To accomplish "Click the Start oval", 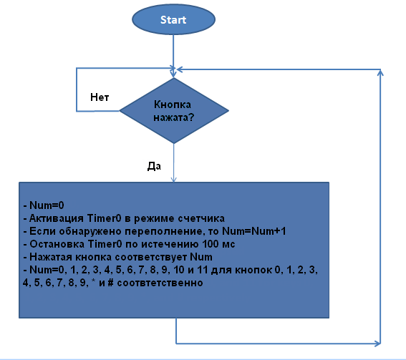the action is pyautogui.click(x=173, y=19).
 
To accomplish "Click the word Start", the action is pyautogui.click(x=173, y=20).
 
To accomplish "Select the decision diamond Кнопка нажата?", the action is pyautogui.click(x=174, y=110).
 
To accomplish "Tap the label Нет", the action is pyautogui.click(x=100, y=97).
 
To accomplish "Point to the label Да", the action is pyautogui.click(x=154, y=166).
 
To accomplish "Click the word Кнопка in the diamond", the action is pyautogui.click(x=173, y=104).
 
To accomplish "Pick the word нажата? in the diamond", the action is pyautogui.click(x=173, y=117).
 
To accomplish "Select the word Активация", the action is pyautogui.click(x=56, y=218).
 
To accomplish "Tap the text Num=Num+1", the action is pyautogui.click(x=254, y=231).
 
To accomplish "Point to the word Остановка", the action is pyautogui.click(x=57, y=244).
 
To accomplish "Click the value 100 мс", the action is pyautogui.click(x=218, y=244).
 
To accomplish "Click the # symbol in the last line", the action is pyautogui.click(x=110, y=283).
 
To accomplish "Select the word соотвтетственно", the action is pyautogui.click(x=160, y=283).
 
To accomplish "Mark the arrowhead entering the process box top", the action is pyautogui.click(x=174, y=180).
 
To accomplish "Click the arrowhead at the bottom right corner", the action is pyautogui.click(x=378, y=344).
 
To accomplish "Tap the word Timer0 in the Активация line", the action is pyautogui.click(x=104, y=218).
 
